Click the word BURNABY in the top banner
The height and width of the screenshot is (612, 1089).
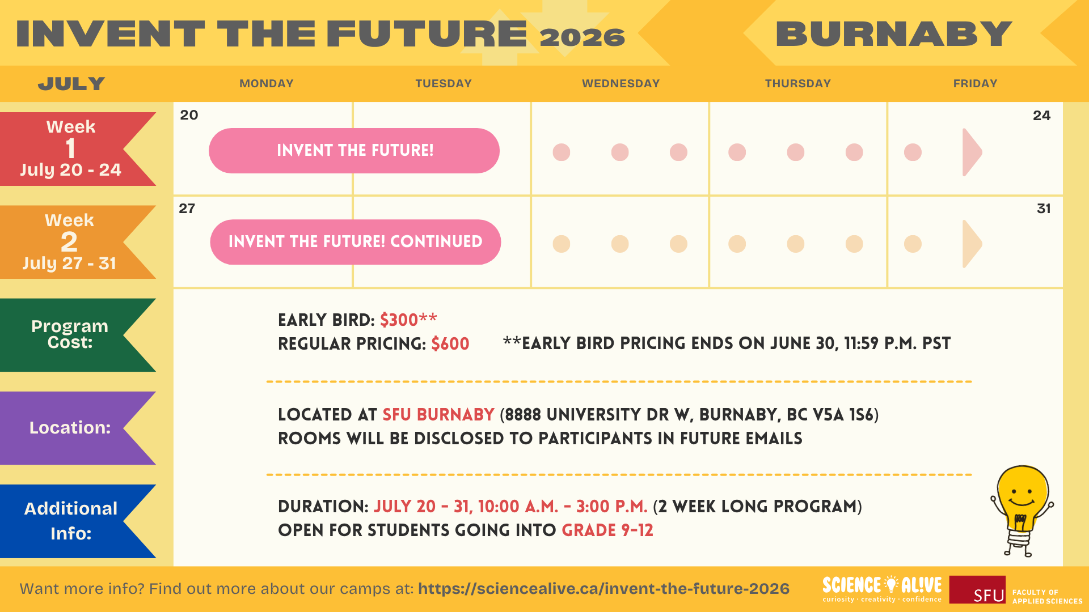(894, 34)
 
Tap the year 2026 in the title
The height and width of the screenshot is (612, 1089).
(582, 37)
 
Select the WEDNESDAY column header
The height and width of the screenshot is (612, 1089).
(621, 83)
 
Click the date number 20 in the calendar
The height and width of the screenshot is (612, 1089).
(189, 115)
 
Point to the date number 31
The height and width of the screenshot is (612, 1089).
(1044, 209)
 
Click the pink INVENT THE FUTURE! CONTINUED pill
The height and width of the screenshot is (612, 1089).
(356, 242)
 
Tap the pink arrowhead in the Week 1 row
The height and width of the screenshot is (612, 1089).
(972, 152)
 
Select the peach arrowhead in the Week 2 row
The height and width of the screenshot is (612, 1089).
(972, 244)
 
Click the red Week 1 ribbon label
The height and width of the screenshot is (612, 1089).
(71, 149)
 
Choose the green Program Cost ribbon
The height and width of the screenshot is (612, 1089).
(71, 335)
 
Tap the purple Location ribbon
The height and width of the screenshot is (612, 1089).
(71, 428)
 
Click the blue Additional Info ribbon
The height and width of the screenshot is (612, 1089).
(71, 521)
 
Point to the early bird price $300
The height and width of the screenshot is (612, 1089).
(399, 320)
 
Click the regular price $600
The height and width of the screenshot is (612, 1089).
(450, 344)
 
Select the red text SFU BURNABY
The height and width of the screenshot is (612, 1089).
(438, 415)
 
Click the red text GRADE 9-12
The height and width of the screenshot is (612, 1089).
(607, 530)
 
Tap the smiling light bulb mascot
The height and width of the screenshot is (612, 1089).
(1022, 510)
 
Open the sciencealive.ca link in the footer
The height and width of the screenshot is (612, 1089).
(604, 589)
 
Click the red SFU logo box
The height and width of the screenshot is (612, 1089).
(977, 590)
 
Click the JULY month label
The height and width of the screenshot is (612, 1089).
(71, 84)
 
